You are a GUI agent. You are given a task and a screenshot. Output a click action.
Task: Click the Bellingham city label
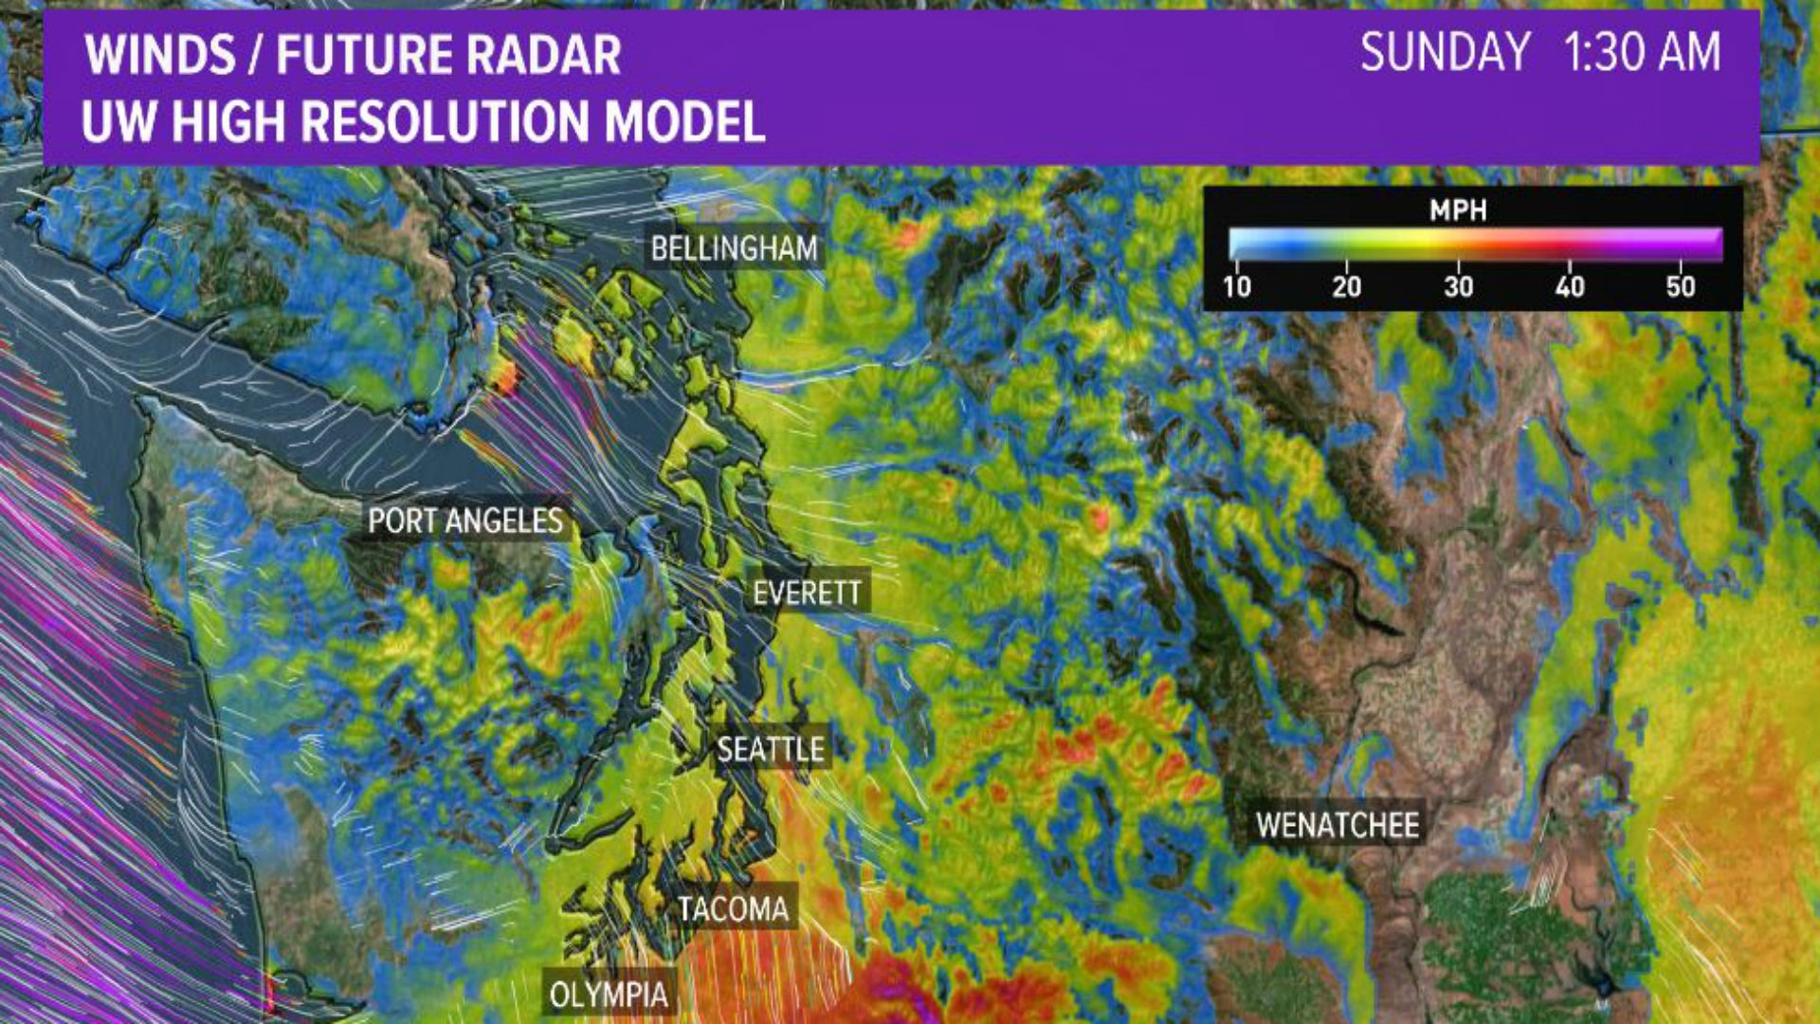click(734, 249)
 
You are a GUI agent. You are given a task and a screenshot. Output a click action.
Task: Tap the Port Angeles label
click(465, 521)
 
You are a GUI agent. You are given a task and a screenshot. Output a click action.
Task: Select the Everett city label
click(807, 594)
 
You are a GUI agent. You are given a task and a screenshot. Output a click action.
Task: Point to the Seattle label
click(771, 750)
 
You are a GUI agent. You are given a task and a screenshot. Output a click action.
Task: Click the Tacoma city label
click(733, 909)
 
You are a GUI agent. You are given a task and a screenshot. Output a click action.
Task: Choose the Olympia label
click(609, 996)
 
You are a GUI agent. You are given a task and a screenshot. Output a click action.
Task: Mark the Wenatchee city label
click(1338, 825)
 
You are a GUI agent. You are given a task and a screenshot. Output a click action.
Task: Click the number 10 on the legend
click(1236, 286)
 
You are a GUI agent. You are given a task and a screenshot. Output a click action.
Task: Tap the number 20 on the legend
click(1346, 286)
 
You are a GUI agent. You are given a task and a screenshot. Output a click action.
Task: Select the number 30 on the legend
click(1458, 286)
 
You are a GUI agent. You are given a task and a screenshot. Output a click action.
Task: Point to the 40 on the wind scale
click(1569, 286)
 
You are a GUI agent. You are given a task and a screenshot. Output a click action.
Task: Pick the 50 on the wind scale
click(1680, 286)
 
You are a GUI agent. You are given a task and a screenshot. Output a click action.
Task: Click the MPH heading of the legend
click(1458, 210)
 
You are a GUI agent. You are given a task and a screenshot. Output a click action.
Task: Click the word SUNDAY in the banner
click(1445, 52)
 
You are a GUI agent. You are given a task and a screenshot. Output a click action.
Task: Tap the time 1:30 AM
click(1642, 52)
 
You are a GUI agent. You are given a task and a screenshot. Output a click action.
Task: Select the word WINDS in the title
click(160, 55)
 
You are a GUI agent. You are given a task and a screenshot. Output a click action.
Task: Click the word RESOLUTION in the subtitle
click(446, 121)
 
